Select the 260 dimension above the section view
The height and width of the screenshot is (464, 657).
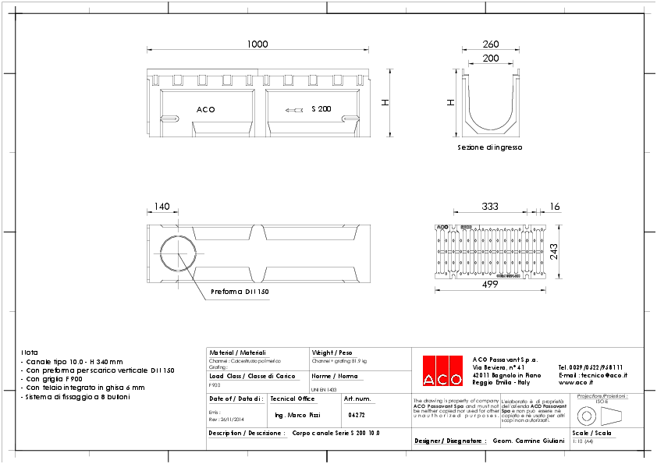(491, 44)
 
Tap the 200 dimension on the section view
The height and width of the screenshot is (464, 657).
(491, 58)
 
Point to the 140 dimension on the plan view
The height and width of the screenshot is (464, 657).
(162, 207)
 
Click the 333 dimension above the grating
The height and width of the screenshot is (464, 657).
(489, 207)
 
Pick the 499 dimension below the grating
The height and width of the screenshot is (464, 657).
(489, 285)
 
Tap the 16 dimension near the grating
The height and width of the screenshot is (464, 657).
(555, 207)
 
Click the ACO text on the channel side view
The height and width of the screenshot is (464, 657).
(205, 110)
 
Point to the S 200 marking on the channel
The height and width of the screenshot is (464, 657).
(321, 109)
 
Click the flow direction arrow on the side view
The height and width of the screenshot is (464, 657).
(294, 110)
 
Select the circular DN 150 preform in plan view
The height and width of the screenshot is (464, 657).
(180, 255)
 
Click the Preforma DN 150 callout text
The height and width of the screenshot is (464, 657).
(240, 292)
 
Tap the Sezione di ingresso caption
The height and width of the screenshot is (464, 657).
(489, 147)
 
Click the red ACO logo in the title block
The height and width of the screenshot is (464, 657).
(442, 370)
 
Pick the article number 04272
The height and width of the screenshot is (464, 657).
(357, 415)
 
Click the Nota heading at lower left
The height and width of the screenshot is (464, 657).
(29, 352)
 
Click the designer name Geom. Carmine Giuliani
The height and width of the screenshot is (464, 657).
(528, 441)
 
